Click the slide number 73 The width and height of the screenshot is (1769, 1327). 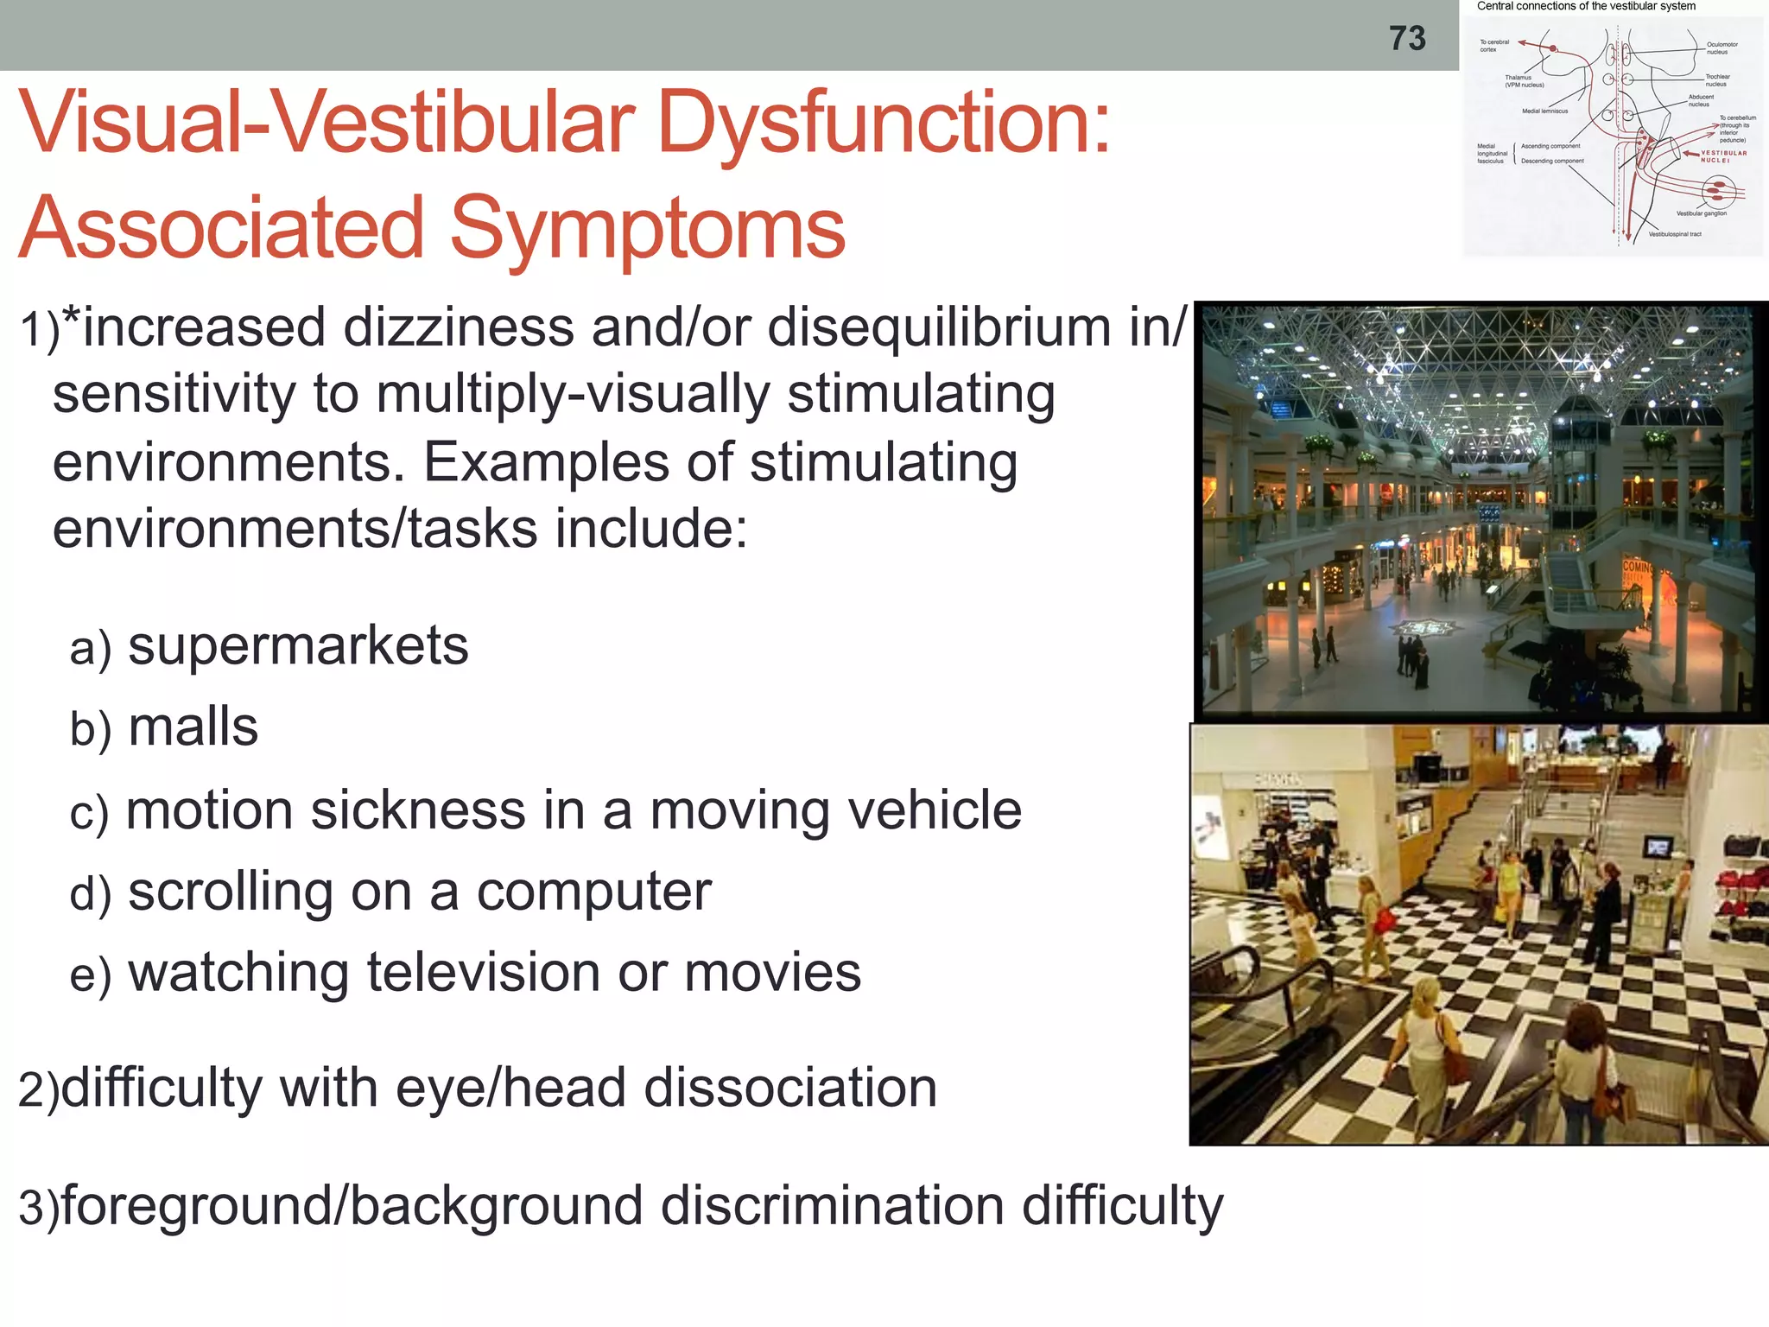click(1407, 39)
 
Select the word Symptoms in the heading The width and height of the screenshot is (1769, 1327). click(647, 228)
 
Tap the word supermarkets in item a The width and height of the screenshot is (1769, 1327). click(298, 645)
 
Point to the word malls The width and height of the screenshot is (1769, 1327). click(193, 727)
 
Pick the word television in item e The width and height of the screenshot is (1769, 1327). click(485, 973)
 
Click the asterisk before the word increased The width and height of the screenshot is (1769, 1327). click(72, 321)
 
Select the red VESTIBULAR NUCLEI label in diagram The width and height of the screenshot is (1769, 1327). click(1723, 156)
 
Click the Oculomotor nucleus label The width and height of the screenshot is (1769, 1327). click(1721, 48)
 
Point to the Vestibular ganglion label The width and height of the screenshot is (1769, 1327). click(1701, 213)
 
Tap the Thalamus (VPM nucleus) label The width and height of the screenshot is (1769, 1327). click(1524, 81)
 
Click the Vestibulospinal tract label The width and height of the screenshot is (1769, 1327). click(1674, 234)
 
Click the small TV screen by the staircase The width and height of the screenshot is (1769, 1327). click(1657, 847)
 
